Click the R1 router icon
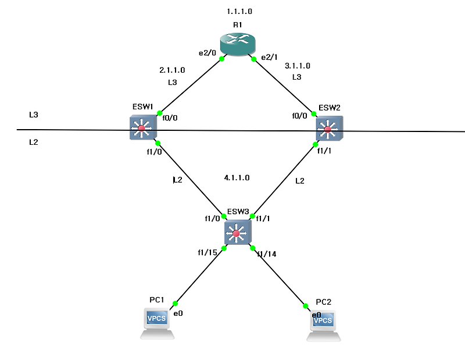pos(238,45)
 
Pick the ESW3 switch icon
pos(236,233)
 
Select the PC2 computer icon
pos(323,324)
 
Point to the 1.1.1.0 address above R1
pos(239,11)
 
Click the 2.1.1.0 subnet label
pos(172,70)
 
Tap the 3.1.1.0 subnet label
pos(298,66)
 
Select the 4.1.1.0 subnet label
pos(237,177)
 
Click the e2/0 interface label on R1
pos(207,53)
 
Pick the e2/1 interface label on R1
pos(269,57)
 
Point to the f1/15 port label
pos(208,253)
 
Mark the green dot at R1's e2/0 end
pos(222,58)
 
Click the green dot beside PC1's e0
pos(175,303)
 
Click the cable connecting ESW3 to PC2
pos(279,277)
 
